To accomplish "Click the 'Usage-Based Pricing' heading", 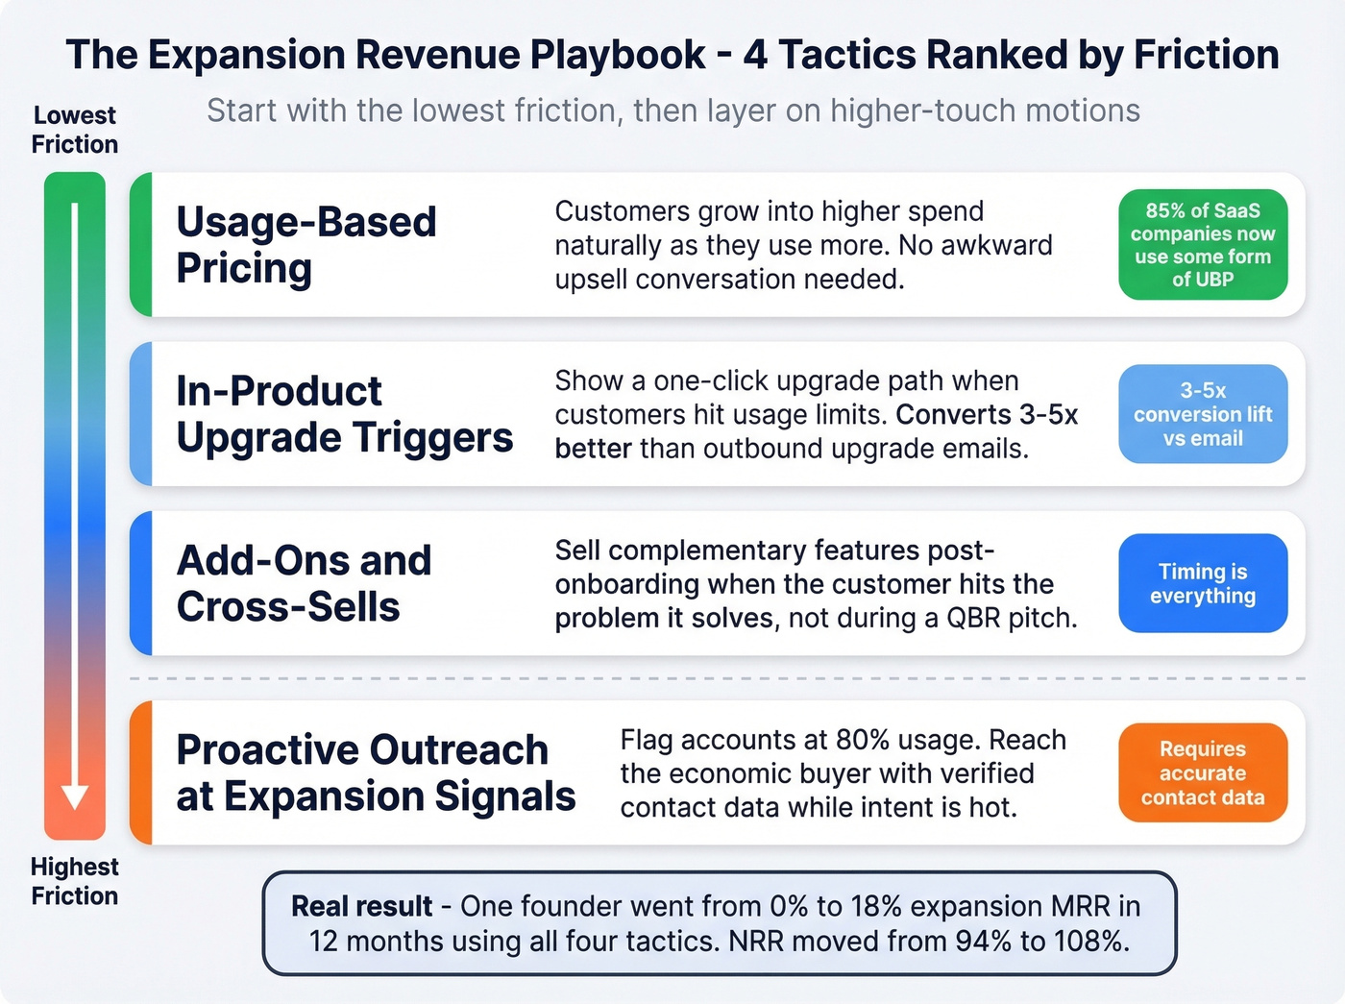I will pyautogui.click(x=306, y=245).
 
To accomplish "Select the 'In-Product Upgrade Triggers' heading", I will pyautogui.click(x=344, y=414).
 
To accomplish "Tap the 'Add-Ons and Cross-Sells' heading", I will pyautogui.click(x=304, y=583).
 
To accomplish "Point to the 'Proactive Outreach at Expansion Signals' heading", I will pyautogui.click(x=376, y=772).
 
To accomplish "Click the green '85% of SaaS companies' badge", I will pyautogui.click(x=1203, y=245).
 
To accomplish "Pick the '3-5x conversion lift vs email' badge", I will pyautogui.click(x=1203, y=414).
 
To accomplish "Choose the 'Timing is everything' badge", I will pyautogui.click(x=1203, y=583).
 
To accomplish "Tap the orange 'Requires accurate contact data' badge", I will pyautogui.click(x=1203, y=772).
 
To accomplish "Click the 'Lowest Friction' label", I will pyautogui.click(x=75, y=130).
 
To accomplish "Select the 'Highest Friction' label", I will pyautogui.click(x=75, y=881).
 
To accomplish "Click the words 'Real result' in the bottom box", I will pyautogui.click(x=362, y=906).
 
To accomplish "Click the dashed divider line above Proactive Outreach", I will pyautogui.click(x=717, y=678).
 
